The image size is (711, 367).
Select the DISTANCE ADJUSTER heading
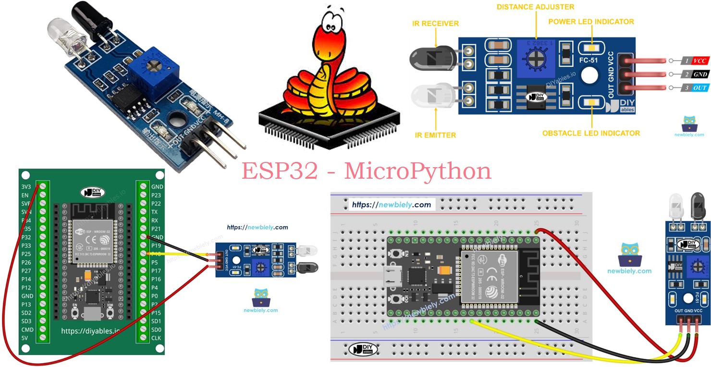point(535,7)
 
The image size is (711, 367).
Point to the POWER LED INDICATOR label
point(591,22)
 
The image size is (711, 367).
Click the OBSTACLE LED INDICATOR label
point(591,133)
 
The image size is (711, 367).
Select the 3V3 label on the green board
point(27,187)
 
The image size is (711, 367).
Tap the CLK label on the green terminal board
point(157,338)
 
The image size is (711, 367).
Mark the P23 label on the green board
point(157,195)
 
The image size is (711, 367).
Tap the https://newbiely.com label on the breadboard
point(391,205)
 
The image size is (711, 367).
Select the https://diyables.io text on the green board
point(90,331)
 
